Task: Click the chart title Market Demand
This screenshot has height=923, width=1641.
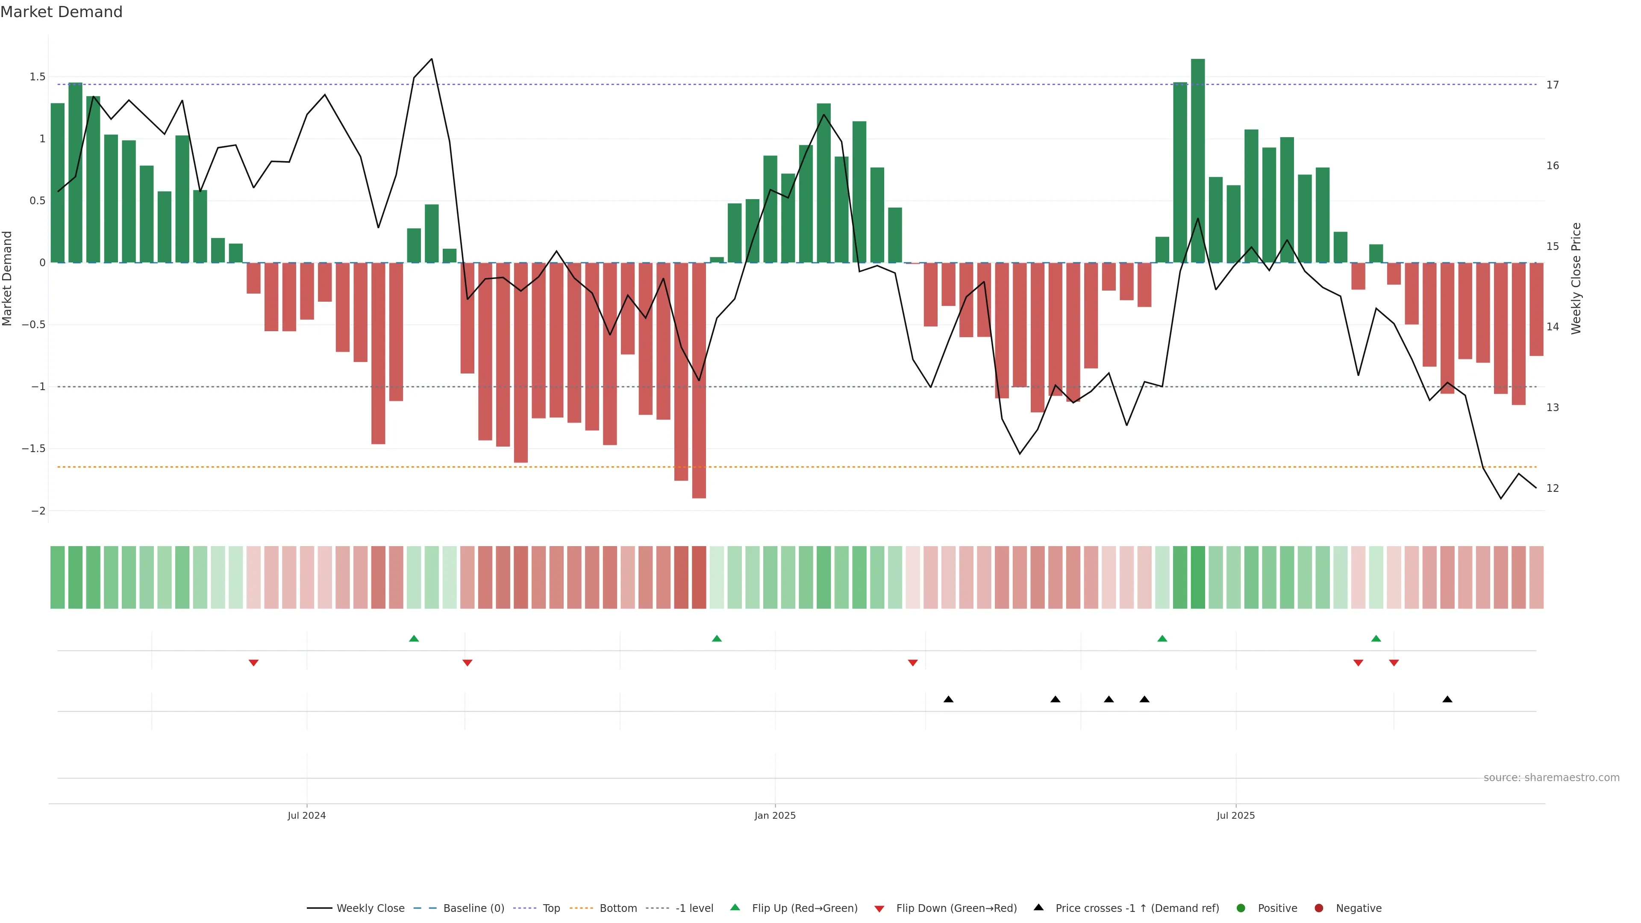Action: [x=61, y=12]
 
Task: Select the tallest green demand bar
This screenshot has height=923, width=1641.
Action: [x=1197, y=159]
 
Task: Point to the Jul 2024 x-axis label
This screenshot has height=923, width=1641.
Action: [x=306, y=815]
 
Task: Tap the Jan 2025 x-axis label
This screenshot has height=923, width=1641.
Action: [x=775, y=815]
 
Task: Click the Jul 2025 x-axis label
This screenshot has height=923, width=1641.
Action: [x=1235, y=815]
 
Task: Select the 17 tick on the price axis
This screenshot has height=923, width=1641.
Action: [x=1553, y=85]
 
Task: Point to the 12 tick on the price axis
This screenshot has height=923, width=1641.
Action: [x=1553, y=488]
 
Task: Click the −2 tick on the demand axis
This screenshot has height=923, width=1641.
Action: [x=38, y=511]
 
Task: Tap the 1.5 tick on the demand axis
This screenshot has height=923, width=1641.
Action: [x=38, y=77]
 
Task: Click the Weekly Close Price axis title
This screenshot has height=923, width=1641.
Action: [x=1576, y=278]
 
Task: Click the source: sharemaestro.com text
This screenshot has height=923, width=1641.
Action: [x=1551, y=778]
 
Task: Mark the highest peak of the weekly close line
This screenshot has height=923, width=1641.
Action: [x=432, y=59]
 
